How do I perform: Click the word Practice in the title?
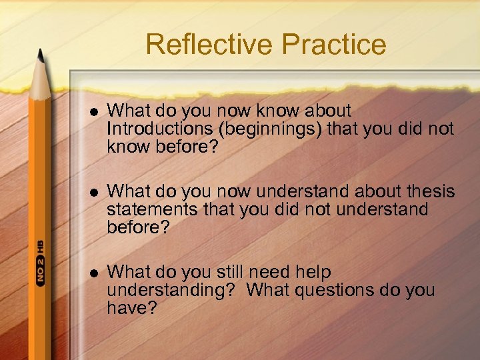tap(334, 45)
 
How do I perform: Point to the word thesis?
tap(430, 193)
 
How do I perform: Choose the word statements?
tap(152, 210)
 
